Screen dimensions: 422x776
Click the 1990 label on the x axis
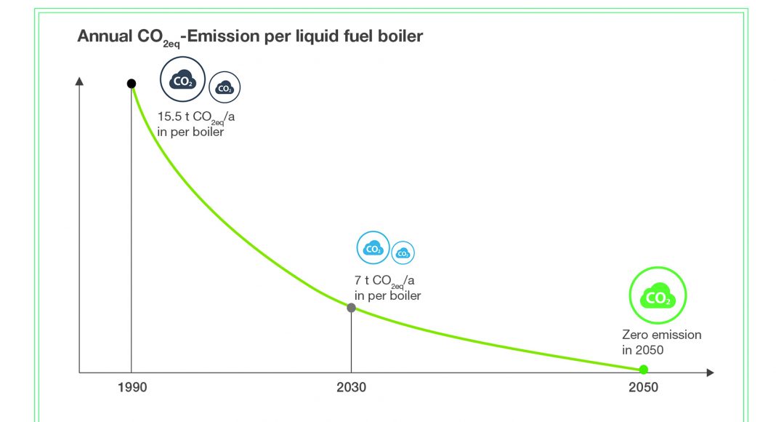132,387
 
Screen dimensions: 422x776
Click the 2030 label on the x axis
351,387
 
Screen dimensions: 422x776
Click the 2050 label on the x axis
643,387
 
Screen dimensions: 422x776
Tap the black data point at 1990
132,84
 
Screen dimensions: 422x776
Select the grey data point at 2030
351,308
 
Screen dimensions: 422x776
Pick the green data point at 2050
643,370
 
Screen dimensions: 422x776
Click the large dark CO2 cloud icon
182,79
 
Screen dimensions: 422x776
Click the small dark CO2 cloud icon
225,88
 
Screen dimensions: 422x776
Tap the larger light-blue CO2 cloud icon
373,248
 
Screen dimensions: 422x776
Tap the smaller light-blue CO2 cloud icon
403,253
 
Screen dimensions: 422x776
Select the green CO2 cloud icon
657,296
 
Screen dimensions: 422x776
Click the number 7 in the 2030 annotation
357,280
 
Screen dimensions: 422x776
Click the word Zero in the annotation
634,335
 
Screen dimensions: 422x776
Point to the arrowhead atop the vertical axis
79,80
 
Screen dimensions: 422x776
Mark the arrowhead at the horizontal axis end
710,373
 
